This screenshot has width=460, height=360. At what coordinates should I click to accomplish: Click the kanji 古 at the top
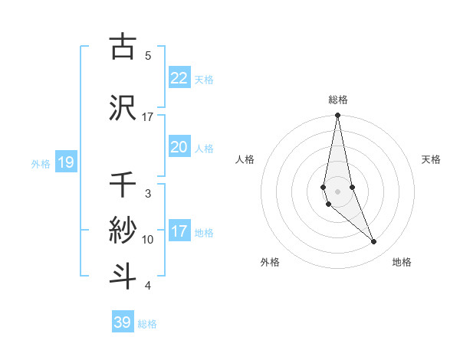123,47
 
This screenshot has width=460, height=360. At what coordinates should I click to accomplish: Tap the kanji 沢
123,107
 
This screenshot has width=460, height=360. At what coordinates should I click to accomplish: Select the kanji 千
123,185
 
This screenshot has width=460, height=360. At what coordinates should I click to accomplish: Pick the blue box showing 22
179,77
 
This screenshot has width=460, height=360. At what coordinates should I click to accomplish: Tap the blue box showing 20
179,146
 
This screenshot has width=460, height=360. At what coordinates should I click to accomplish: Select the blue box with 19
65,162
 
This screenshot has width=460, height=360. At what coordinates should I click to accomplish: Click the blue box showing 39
122,322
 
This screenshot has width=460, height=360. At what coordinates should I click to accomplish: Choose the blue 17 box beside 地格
179,231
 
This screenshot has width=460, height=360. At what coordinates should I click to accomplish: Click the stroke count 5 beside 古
148,56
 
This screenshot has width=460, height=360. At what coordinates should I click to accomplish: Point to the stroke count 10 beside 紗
148,240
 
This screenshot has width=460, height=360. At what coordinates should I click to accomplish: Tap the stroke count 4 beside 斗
148,286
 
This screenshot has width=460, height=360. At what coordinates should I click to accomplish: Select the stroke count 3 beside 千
148,194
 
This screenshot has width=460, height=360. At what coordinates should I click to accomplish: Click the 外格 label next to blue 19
40,163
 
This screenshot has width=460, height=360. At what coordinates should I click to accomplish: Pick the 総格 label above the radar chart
338,100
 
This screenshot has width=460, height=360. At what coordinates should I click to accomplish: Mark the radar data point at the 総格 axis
337,116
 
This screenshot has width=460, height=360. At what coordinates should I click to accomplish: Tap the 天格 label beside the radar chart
432,159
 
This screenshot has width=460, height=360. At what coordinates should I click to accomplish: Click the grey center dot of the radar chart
337,191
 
